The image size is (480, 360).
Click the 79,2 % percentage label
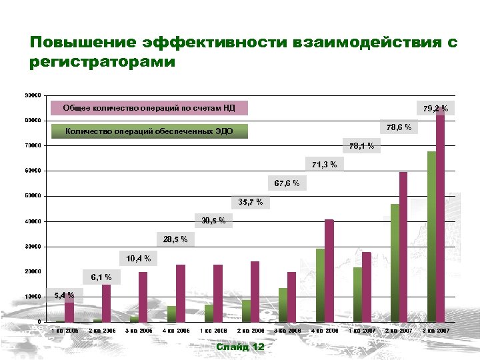pyautogui.click(x=435, y=107)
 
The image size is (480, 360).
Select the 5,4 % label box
pyautogui.click(x=64, y=295)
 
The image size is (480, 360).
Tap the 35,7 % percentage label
pyautogui.click(x=251, y=202)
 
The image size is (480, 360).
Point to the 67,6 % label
pyautogui.click(x=287, y=183)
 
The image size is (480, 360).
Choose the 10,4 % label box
pyautogui.click(x=139, y=259)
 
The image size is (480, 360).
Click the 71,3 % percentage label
pyautogui.click(x=324, y=164)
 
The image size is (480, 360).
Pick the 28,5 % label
pyautogui.click(x=175, y=239)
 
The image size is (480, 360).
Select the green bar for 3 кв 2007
pyautogui.click(x=431, y=237)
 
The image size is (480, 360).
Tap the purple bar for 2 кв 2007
pyautogui.click(x=403, y=247)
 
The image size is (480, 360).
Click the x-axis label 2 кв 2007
pyautogui.click(x=399, y=331)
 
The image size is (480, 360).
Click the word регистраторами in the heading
pyautogui.click(x=103, y=63)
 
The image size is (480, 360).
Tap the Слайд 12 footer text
pyautogui.click(x=240, y=347)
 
